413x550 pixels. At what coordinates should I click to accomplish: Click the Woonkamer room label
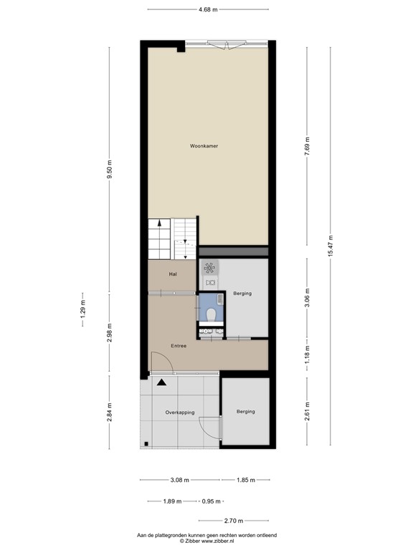(204, 146)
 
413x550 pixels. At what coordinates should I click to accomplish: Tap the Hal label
(173, 274)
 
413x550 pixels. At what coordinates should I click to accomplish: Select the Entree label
(179, 346)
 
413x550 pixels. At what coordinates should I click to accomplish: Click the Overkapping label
(180, 412)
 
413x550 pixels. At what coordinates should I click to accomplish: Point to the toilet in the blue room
(211, 313)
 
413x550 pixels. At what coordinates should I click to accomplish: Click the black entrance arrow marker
(161, 382)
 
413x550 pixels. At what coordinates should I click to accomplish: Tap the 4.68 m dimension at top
(208, 9)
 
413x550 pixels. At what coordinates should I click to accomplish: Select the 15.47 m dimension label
(331, 247)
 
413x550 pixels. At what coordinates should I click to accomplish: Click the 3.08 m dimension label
(179, 481)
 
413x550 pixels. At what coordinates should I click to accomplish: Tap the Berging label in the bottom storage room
(246, 412)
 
